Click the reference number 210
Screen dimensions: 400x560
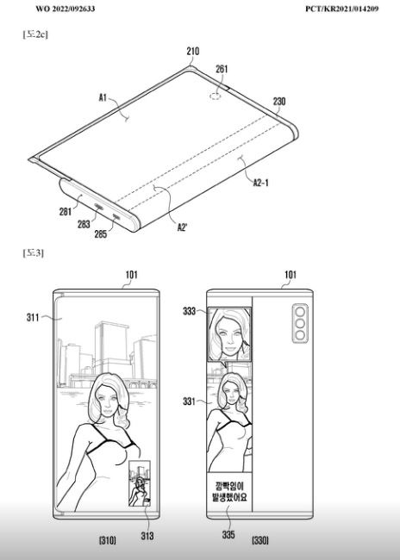(x=192, y=52)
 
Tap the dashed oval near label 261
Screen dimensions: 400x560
(x=215, y=96)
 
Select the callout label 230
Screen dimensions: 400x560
(x=279, y=102)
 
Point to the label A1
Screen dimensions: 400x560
(x=103, y=97)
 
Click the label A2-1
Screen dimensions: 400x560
(x=260, y=183)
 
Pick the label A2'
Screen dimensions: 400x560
(x=182, y=227)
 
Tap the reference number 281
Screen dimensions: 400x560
(x=66, y=212)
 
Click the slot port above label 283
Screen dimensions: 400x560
(x=98, y=207)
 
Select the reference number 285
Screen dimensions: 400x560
(x=101, y=234)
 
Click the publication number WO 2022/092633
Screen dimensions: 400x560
(x=66, y=9)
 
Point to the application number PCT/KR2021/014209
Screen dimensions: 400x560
(x=341, y=9)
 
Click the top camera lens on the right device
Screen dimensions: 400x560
(x=300, y=312)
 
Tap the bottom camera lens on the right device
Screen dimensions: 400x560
(x=300, y=335)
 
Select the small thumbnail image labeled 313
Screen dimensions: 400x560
(x=140, y=483)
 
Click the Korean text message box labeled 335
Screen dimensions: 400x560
(x=229, y=492)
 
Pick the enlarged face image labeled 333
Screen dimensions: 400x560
(x=229, y=334)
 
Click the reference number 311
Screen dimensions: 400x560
(x=33, y=317)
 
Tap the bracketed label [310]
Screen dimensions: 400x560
(x=107, y=540)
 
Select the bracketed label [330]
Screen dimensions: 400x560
(x=259, y=540)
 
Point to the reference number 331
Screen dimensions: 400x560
(x=189, y=401)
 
